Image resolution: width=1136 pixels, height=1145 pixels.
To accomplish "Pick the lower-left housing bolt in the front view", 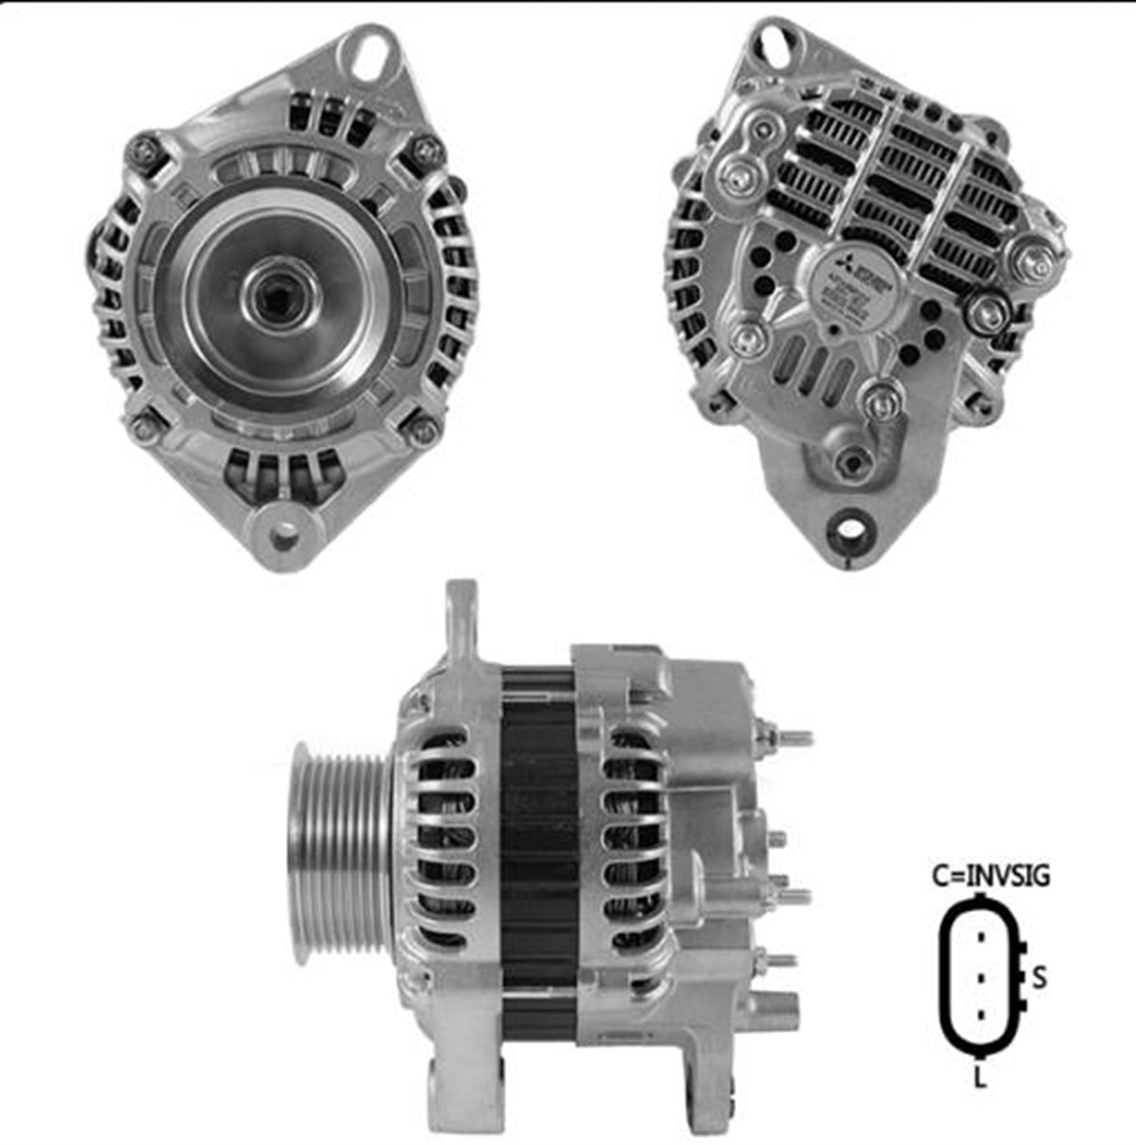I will click(x=142, y=427).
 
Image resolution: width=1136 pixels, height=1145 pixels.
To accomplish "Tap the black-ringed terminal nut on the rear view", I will click(x=986, y=310).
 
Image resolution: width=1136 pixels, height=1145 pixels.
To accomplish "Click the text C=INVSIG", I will click(x=989, y=876).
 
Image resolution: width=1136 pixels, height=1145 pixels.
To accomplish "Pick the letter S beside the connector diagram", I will click(x=1039, y=976).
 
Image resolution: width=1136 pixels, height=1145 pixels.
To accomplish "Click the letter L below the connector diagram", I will click(x=979, y=1077).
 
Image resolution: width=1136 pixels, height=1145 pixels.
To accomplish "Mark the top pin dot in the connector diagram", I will click(x=982, y=937).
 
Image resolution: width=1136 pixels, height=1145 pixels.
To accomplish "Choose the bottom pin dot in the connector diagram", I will click(x=982, y=1015).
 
